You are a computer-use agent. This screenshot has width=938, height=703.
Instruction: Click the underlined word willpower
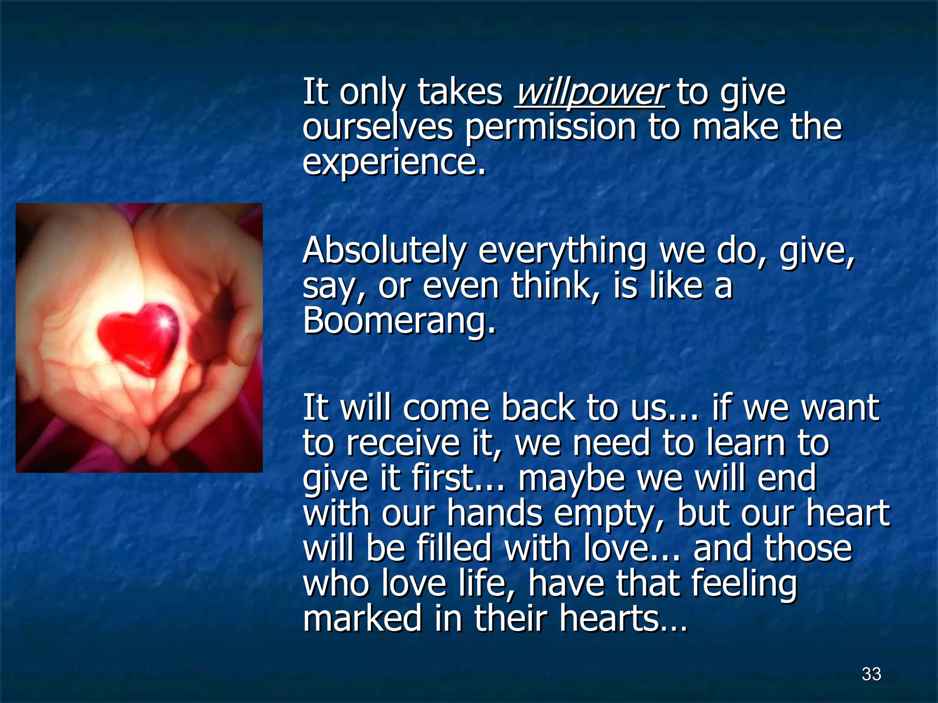pos(590,93)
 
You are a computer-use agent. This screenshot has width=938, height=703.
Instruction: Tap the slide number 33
pos(871,674)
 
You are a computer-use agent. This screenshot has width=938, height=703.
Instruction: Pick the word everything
pos(562,251)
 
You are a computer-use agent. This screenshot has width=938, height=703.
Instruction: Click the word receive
pos(403,443)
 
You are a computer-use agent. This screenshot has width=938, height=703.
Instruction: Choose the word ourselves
pos(377,127)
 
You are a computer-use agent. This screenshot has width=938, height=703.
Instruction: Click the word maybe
pos(572,478)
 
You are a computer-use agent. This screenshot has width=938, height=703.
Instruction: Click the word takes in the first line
pos(460,93)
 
